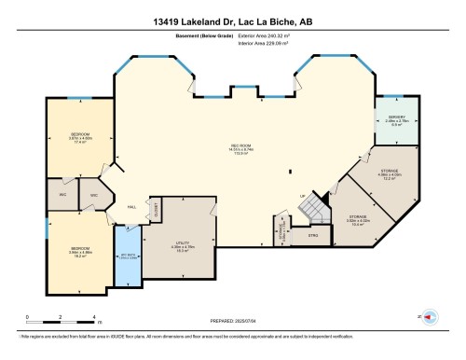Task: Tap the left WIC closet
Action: pos(62,194)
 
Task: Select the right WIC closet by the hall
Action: pos(93,195)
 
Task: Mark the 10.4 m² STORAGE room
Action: pos(358,219)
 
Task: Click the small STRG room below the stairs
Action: pos(312,236)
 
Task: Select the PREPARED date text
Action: pos(233,319)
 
